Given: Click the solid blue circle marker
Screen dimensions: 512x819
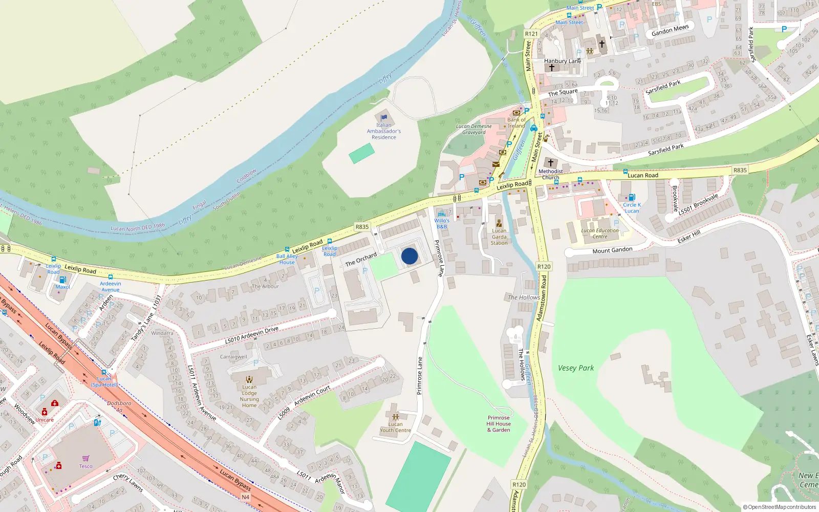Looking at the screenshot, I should (x=409, y=256).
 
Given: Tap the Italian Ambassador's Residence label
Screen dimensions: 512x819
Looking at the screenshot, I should (x=384, y=131).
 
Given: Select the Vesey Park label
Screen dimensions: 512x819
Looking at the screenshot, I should (x=576, y=368).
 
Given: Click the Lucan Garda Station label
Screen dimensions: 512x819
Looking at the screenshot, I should (x=499, y=237).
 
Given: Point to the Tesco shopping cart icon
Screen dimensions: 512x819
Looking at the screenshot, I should (x=85, y=458).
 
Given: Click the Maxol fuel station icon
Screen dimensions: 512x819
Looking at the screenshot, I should (x=62, y=280).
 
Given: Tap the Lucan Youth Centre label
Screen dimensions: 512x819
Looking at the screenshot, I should (x=395, y=427).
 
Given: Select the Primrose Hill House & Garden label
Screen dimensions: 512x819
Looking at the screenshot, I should (x=499, y=423).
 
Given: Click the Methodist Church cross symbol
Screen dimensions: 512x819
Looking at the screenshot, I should (x=551, y=163).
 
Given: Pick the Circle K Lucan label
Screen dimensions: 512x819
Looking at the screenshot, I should (x=632, y=208).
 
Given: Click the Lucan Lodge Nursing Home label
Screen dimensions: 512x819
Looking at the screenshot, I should (x=249, y=396).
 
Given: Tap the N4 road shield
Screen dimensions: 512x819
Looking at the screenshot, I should (x=245, y=497).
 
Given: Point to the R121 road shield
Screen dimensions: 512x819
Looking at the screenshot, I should (x=531, y=34).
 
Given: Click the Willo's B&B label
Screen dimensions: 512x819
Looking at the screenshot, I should (x=442, y=224).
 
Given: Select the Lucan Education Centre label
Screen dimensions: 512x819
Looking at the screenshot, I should (x=600, y=233).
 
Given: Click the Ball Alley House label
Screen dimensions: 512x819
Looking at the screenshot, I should (x=287, y=259).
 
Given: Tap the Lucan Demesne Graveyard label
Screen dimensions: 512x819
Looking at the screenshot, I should (x=474, y=129).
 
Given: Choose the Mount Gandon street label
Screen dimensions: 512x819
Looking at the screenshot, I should (x=612, y=250).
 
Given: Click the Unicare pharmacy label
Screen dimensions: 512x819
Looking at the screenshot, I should (x=45, y=420).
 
